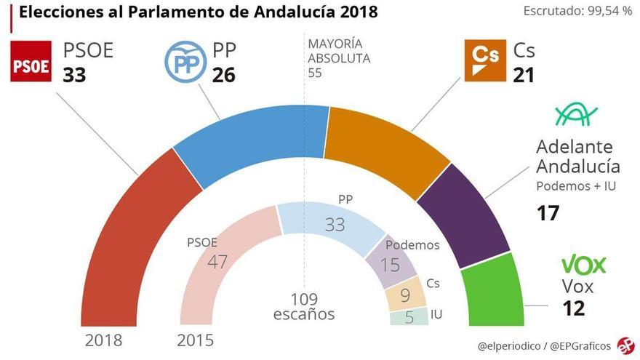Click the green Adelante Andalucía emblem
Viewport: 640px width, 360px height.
(577, 113)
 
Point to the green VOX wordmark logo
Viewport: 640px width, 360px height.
(583, 265)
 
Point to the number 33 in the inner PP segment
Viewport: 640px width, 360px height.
(335, 225)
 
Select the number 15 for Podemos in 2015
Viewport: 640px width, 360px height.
(391, 264)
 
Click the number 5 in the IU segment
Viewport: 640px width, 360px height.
(409, 317)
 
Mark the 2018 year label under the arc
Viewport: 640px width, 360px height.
(103, 340)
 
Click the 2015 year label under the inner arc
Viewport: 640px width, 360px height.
(196, 340)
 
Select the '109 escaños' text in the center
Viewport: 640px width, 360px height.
(304, 308)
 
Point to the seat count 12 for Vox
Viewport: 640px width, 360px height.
(573, 308)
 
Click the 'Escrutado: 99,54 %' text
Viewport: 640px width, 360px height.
(577, 12)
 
